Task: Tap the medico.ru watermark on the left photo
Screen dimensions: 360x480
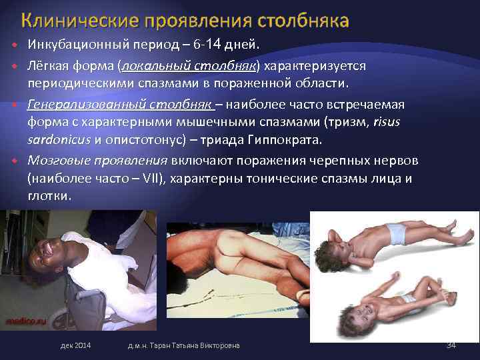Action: pyautogui.click(x=21, y=319)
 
